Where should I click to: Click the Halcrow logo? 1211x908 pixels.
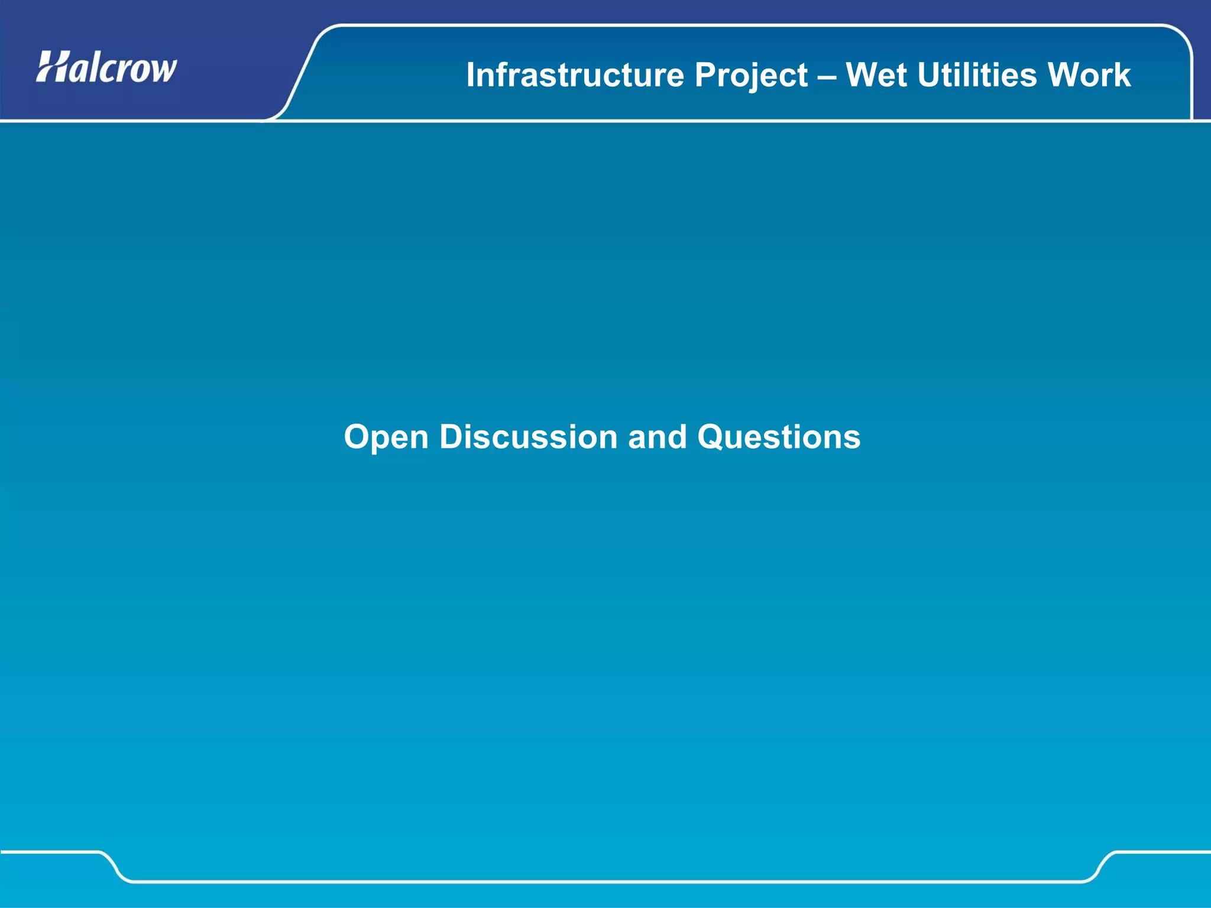click(x=106, y=68)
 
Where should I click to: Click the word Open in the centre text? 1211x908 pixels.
click(x=386, y=438)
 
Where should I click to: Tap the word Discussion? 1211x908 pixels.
click(x=529, y=437)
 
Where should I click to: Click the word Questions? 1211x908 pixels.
click(x=779, y=437)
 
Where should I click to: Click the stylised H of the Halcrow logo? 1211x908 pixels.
click(x=51, y=67)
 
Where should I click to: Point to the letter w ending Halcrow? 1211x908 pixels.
click(x=163, y=70)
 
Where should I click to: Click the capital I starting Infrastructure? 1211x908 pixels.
click(x=471, y=75)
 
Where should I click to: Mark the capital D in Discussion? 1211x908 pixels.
click(x=452, y=437)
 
